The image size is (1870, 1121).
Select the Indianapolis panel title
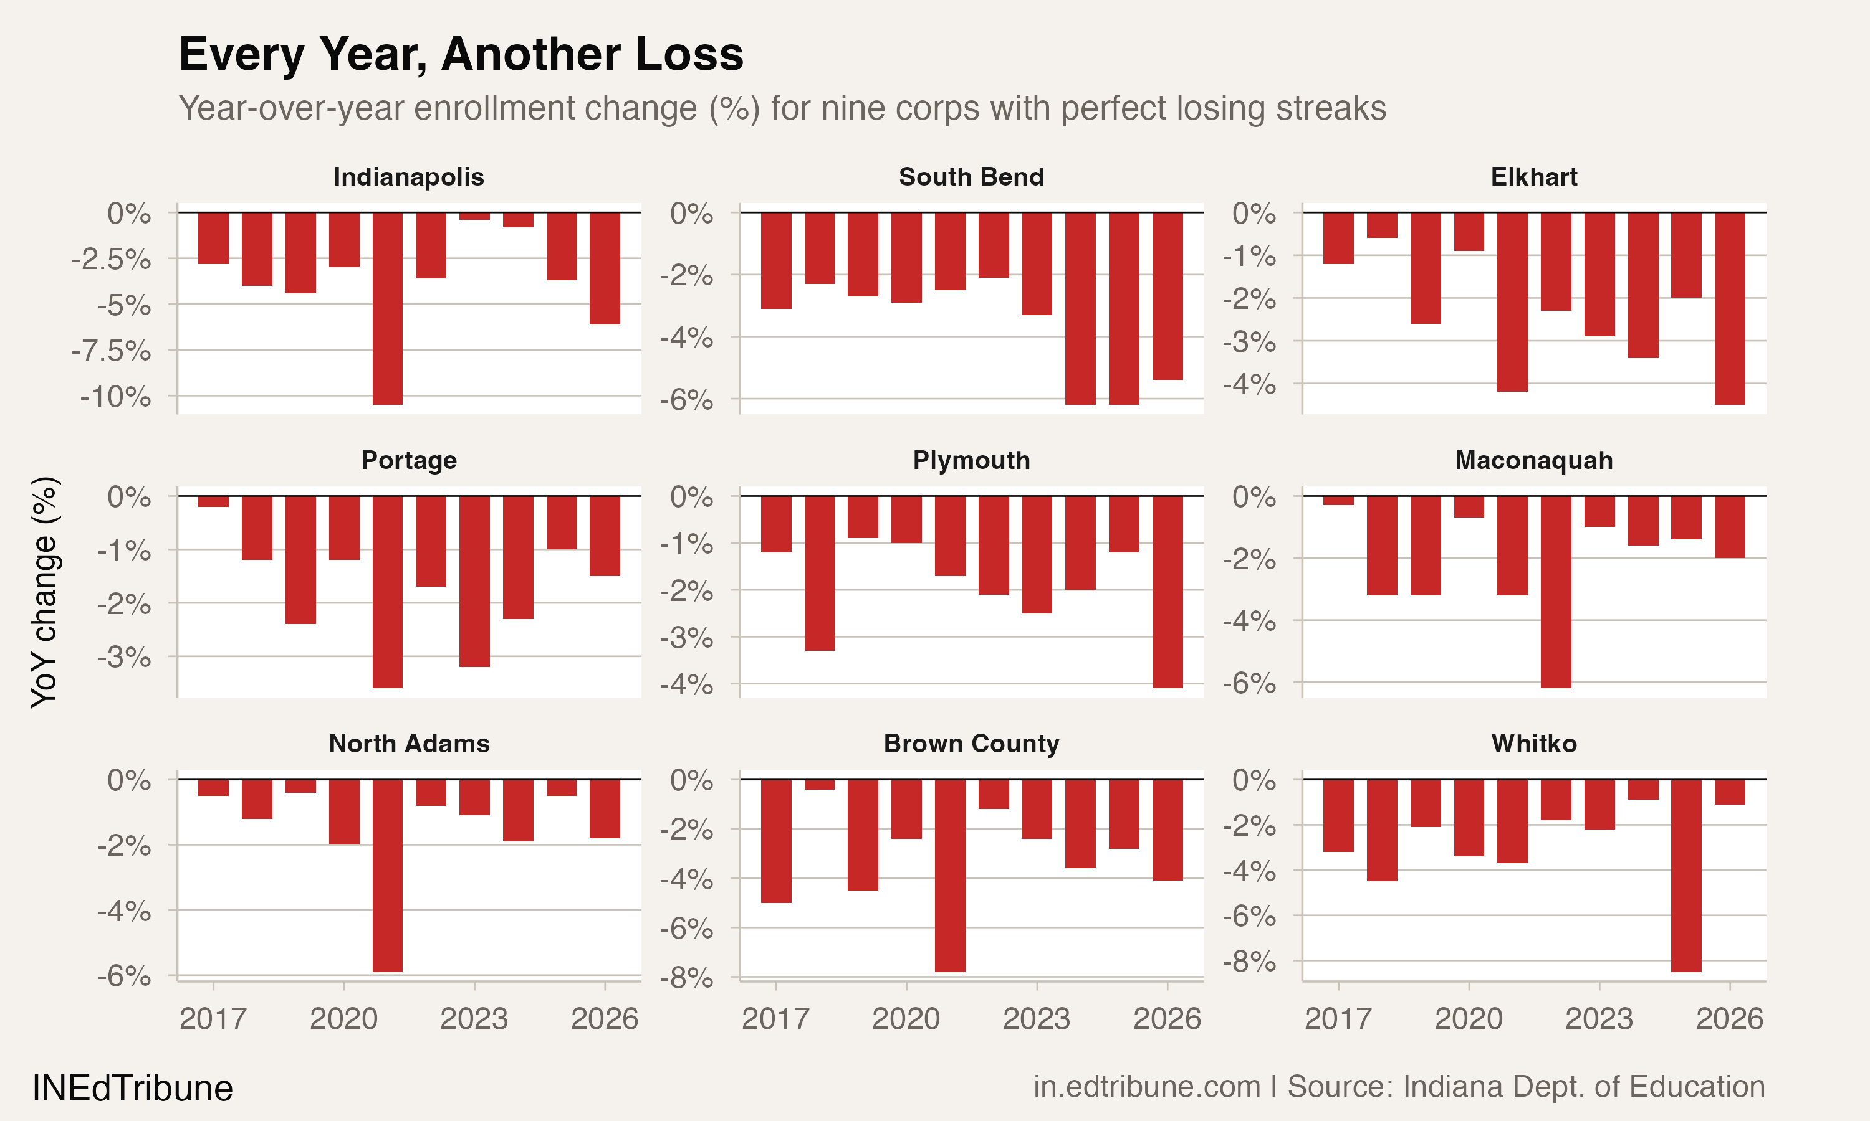[408, 177]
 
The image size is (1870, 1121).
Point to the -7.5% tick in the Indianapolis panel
[112, 351]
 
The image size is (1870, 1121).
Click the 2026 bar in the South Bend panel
[1167, 296]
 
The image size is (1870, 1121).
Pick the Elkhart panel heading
[1533, 177]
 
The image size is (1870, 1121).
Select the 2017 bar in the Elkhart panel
[1339, 238]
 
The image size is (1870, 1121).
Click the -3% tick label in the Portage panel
[124, 657]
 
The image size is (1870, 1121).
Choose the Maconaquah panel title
[1533, 460]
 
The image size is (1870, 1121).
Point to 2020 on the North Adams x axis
[344, 1019]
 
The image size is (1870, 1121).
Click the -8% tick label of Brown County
[686, 978]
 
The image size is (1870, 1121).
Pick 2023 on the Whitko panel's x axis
[1599, 1019]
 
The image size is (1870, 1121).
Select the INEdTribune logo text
[132, 1089]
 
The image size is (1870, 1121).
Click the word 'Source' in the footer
[1336, 1087]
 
